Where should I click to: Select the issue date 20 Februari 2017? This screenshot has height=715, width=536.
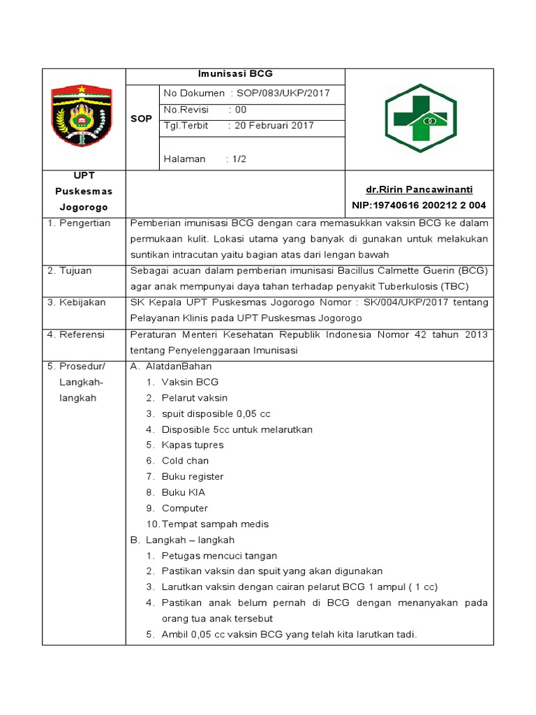point(274,126)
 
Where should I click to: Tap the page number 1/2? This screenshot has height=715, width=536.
point(239,159)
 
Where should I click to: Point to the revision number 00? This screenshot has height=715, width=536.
point(241,110)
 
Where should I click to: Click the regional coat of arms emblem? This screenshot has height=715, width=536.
point(84,117)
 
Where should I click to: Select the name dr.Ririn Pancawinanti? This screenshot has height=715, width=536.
point(419,190)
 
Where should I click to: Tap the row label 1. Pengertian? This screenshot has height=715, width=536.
point(79,223)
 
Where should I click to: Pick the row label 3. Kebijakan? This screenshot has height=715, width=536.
point(76,302)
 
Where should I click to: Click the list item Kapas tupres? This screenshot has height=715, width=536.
point(193,445)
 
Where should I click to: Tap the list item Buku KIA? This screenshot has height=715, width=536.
point(184,492)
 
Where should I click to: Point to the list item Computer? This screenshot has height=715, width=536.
point(184,508)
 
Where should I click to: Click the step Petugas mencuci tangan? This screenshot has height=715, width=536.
point(219,556)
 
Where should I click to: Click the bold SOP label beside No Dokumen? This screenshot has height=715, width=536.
point(142,119)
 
